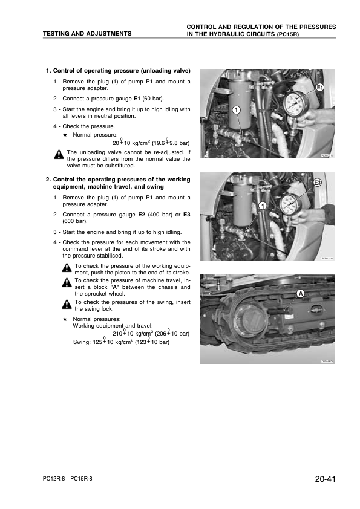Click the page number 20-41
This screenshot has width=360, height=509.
(x=325, y=479)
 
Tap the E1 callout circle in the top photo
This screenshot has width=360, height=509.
(x=319, y=87)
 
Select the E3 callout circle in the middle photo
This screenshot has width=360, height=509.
(x=317, y=183)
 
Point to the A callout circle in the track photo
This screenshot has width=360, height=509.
(x=301, y=293)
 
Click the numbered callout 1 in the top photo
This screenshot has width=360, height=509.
(x=237, y=110)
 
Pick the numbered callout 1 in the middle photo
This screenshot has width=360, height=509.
(x=263, y=206)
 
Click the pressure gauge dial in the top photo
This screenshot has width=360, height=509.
(x=295, y=104)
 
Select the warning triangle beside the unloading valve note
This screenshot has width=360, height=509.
(x=59, y=155)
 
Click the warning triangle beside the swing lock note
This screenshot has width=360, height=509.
(x=67, y=305)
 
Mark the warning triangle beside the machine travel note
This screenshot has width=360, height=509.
(x=67, y=282)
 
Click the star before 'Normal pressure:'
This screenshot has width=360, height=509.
(x=65, y=135)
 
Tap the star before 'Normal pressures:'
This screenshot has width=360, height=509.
(x=65, y=319)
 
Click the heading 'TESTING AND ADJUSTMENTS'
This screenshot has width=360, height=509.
(x=87, y=33)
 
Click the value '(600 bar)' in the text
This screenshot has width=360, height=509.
(x=75, y=221)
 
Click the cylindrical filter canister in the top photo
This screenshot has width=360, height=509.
(x=240, y=103)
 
